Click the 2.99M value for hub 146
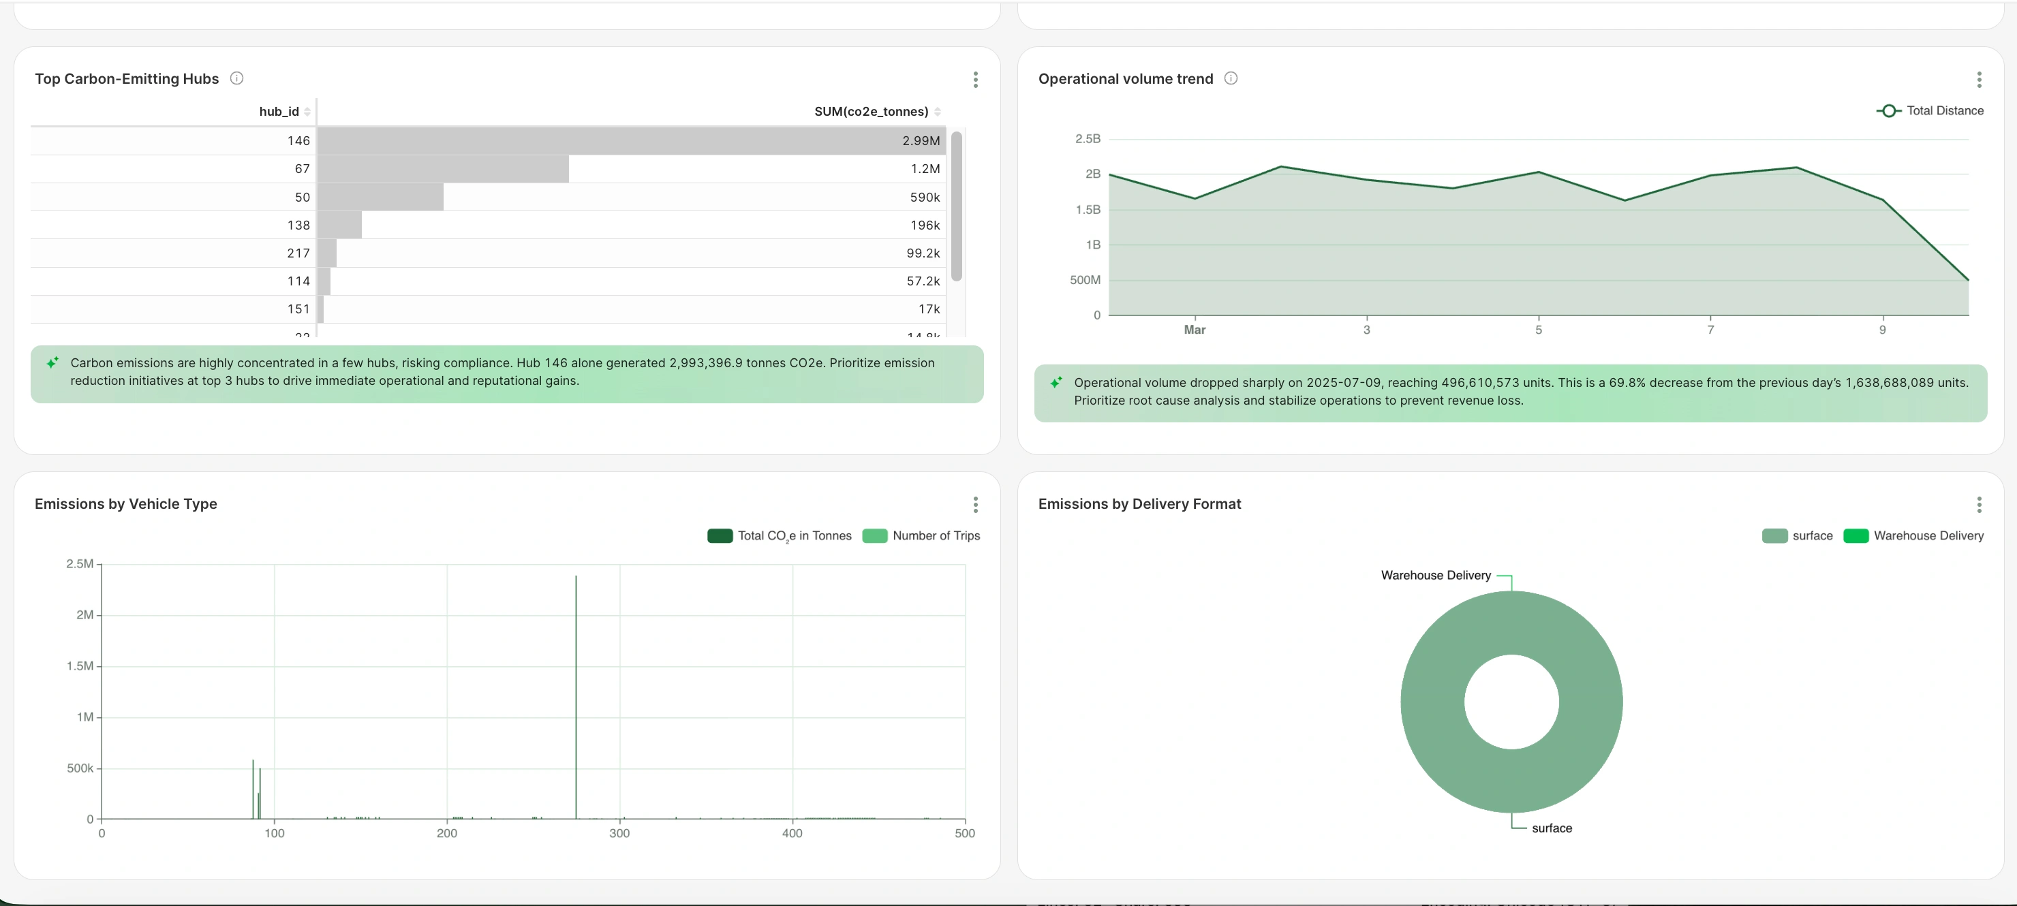[920, 141]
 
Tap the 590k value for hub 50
[924, 198]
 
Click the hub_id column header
[279, 111]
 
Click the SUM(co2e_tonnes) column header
[871, 111]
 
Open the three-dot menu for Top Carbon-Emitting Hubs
[975, 79]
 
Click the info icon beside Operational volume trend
[1230, 78]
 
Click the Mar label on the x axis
[1194, 330]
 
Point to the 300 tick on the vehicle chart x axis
[619, 833]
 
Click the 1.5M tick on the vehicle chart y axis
[80, 666]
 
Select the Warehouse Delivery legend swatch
[1856, 535]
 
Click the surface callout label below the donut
[1551, 828]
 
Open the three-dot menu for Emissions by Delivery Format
[1979, 504]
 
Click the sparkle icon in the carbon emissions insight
[52, 362]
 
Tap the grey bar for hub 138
[340, 225]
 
